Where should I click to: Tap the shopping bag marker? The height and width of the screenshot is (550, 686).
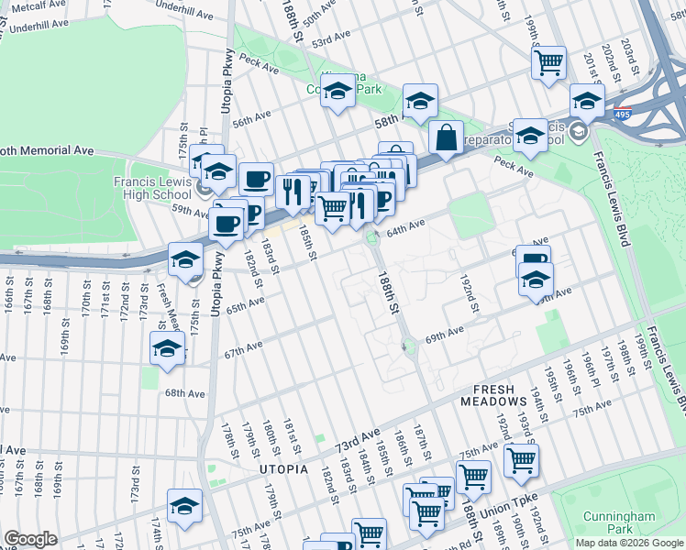(x=446, y=138)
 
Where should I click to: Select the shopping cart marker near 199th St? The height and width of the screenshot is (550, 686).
(x=548, y=62)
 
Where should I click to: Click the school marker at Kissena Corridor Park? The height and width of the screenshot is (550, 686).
(x=338, y=91)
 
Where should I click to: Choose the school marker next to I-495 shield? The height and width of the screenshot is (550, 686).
(x=587, y=101)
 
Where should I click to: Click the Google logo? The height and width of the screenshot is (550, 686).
(x=30, y=538)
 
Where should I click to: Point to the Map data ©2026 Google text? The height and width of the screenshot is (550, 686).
(x=629, y=543)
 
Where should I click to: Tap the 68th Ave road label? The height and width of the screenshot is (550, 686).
(x=184, y=393)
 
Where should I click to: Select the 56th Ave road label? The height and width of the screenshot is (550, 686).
(x=251, y=119)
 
